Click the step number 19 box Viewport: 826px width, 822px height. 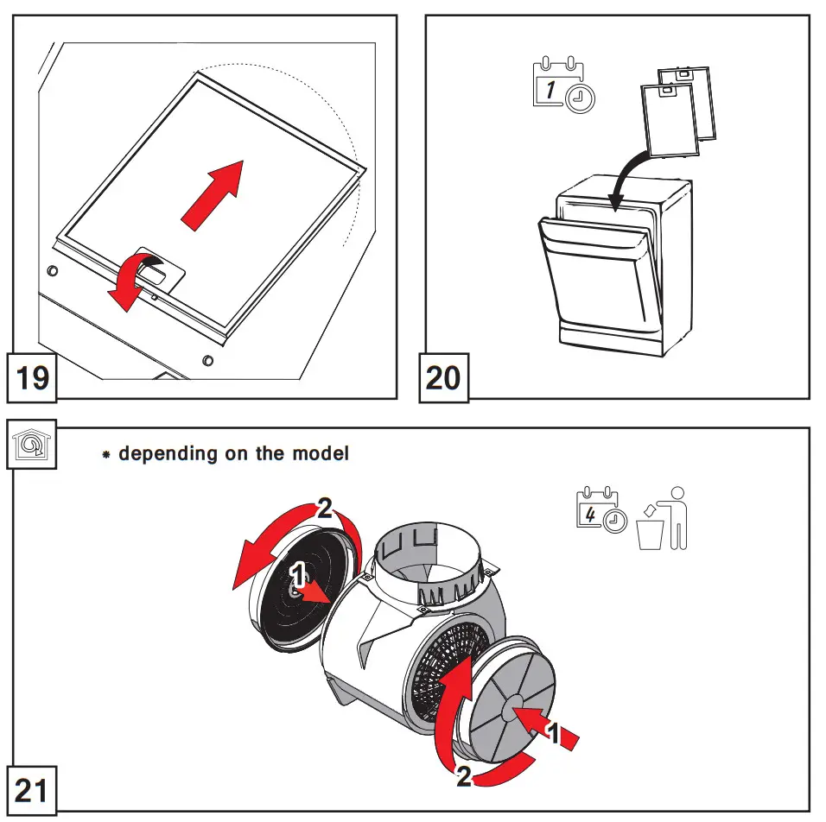(33, 378)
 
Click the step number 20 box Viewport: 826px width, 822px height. (444, 378)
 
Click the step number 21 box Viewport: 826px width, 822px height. (33, 789)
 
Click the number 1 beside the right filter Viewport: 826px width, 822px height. (556, 735)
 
